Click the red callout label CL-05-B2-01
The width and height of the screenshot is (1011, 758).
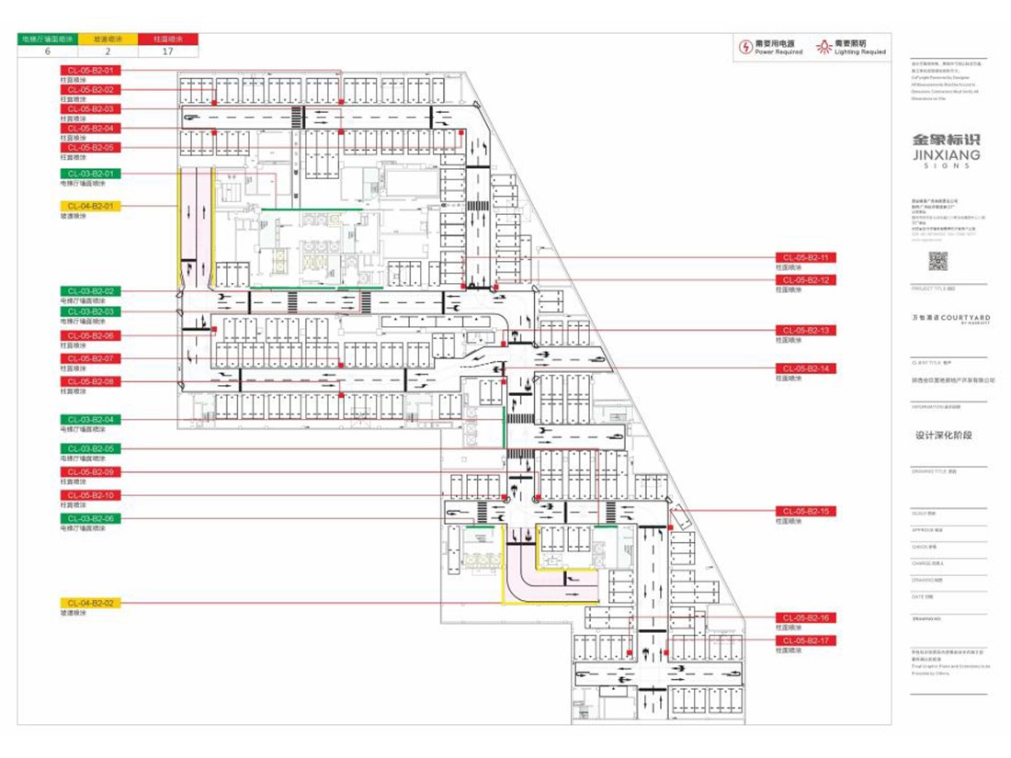click(x=90, y=71)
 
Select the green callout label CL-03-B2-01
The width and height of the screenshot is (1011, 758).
click(x=90, y=174)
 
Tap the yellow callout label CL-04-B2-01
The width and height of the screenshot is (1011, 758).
click(x=90, y=207)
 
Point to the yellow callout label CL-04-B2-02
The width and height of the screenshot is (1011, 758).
click(x=90, y=603)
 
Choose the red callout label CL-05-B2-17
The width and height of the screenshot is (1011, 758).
click(x=805, y=640)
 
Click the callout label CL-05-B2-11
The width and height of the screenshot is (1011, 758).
click(x=805, y=258)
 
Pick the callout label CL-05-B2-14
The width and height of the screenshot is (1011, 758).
click(x=805, y=368)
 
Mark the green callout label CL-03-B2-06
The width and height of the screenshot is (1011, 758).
click(x=90, y=519)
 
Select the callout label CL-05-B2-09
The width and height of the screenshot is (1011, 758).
click(x=90, y=472)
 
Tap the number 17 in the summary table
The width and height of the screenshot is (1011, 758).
click(x=168, y=51)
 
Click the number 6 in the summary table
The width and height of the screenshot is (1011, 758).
click(x=47, y=51)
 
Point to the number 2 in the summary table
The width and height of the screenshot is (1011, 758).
click(x=108, y=51)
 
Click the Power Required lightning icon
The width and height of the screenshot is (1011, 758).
click(x=744, y=47)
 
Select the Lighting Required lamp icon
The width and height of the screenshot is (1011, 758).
click(x=824, y=46)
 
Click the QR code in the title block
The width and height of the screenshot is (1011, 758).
click(x=937, y=261)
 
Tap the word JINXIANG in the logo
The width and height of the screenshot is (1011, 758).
click(x=946, y=155)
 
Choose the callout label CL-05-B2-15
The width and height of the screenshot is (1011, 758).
click(x=805, y=511)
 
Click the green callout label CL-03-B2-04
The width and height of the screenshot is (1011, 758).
click(x=90, y=420)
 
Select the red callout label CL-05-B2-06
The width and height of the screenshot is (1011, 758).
click(x=90, y=336)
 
